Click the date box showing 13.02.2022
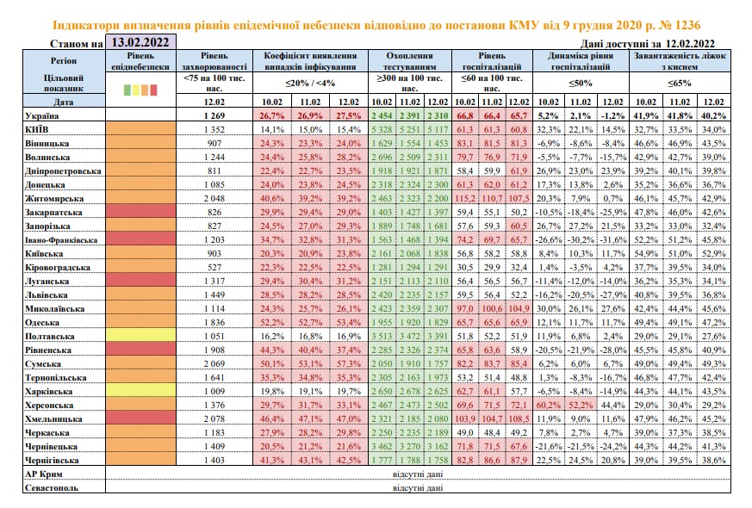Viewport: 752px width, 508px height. tap(140, 42)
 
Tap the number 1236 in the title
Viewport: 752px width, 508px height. tap(683, 25)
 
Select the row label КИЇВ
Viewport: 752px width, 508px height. tap(36, 129)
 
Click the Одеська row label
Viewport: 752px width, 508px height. tap(42, 323)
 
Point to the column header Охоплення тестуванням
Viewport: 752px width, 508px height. tap(409, 61)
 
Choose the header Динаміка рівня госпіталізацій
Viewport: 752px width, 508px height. tap(581, 61)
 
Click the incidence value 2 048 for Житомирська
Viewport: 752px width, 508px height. tap(214, 198)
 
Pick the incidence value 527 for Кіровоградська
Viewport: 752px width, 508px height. tap(214, 268)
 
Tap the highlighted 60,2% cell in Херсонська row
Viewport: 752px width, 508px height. tap(548, 406)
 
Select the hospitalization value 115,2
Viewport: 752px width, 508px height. tap(465, 198)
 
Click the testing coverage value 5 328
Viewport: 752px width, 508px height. tap(382, 129)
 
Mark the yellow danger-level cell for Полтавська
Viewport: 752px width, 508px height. tap(140, 336)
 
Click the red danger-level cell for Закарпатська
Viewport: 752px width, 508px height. tap(140, 212)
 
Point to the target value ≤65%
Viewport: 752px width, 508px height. tap(680, 83)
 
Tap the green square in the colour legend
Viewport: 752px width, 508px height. tap(127, 90)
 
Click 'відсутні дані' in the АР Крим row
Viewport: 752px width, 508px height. tap(418, 474)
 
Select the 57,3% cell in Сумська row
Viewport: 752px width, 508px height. tap(349, 363)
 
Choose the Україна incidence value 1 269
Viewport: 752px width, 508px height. tap(214, 115)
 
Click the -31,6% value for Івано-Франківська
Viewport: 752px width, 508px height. tap(612, 239)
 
